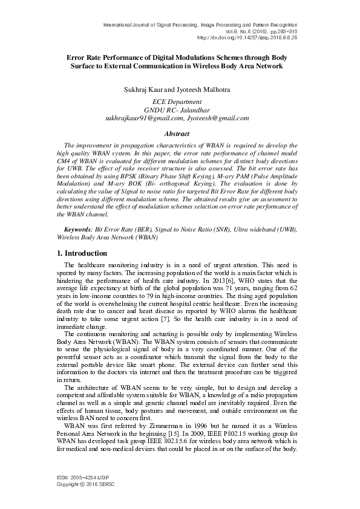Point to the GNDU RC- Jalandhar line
point(179,110)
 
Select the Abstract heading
point(179,133)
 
